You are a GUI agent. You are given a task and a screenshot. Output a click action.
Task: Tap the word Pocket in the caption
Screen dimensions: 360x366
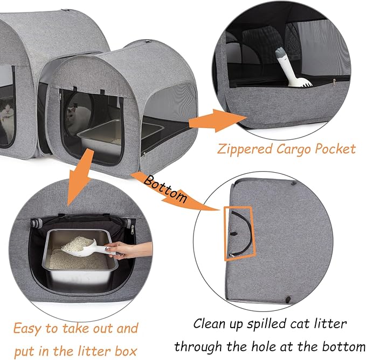(335, 148)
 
